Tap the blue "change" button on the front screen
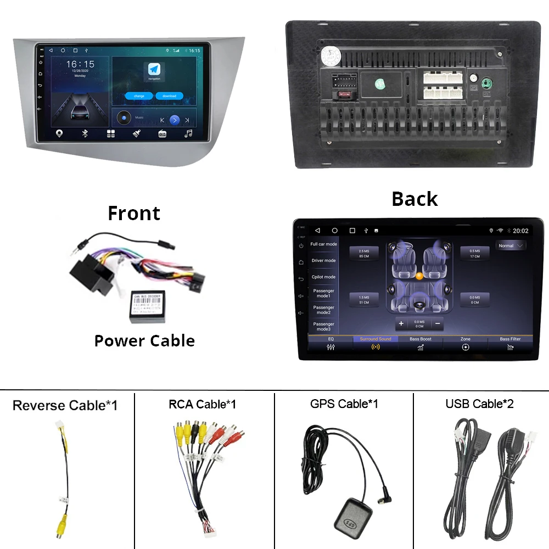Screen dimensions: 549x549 click(139, 96)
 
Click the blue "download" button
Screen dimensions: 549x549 click(169, 96)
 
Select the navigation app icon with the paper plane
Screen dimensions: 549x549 click(154, 70)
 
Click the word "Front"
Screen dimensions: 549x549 click(134, 213)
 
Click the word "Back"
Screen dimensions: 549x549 click(414, 199)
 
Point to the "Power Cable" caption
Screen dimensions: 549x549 click(144, 341)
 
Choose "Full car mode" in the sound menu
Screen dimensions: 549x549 click(323, 244)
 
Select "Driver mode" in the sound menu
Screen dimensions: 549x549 click(323, 261)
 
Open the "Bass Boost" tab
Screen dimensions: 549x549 click(421, 343)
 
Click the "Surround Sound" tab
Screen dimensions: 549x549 click(376, 343)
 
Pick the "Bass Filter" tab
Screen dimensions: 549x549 click(510, 343)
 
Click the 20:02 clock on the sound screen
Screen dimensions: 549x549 click(520, 231)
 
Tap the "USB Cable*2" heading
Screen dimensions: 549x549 click(479, 405)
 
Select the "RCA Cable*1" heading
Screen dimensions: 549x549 click(202, 405)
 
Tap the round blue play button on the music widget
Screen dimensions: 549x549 click(175, 120)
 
